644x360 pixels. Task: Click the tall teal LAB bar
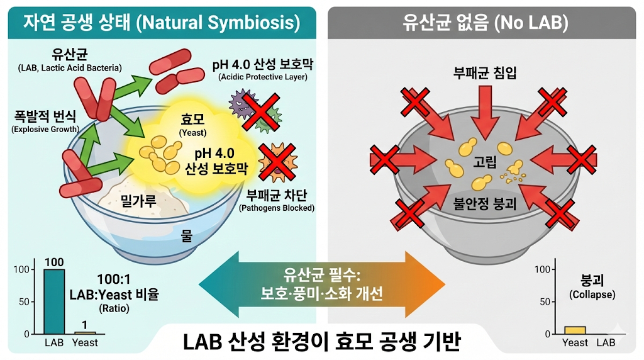pyautogui.click(x=53, y=301)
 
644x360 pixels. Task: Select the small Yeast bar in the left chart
pyautogui.click(x=85, y=332)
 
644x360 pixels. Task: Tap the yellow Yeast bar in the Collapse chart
pyautogui.click(x=575, y=330)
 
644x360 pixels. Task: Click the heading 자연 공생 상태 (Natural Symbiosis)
pyautogui.click(x=162, y=23)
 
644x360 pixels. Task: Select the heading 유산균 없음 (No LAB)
pyautogui.click(x=485, y=23)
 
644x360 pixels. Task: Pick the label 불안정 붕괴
pyautogui.click(x=485, y=204)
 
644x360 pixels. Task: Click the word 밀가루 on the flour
pyautogui.click(x=138, y=201)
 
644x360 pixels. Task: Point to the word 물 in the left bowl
pyautogui.click(x=187, y=236)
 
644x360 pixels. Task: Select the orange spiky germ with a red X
pyautogui.click(x=277, y=162)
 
